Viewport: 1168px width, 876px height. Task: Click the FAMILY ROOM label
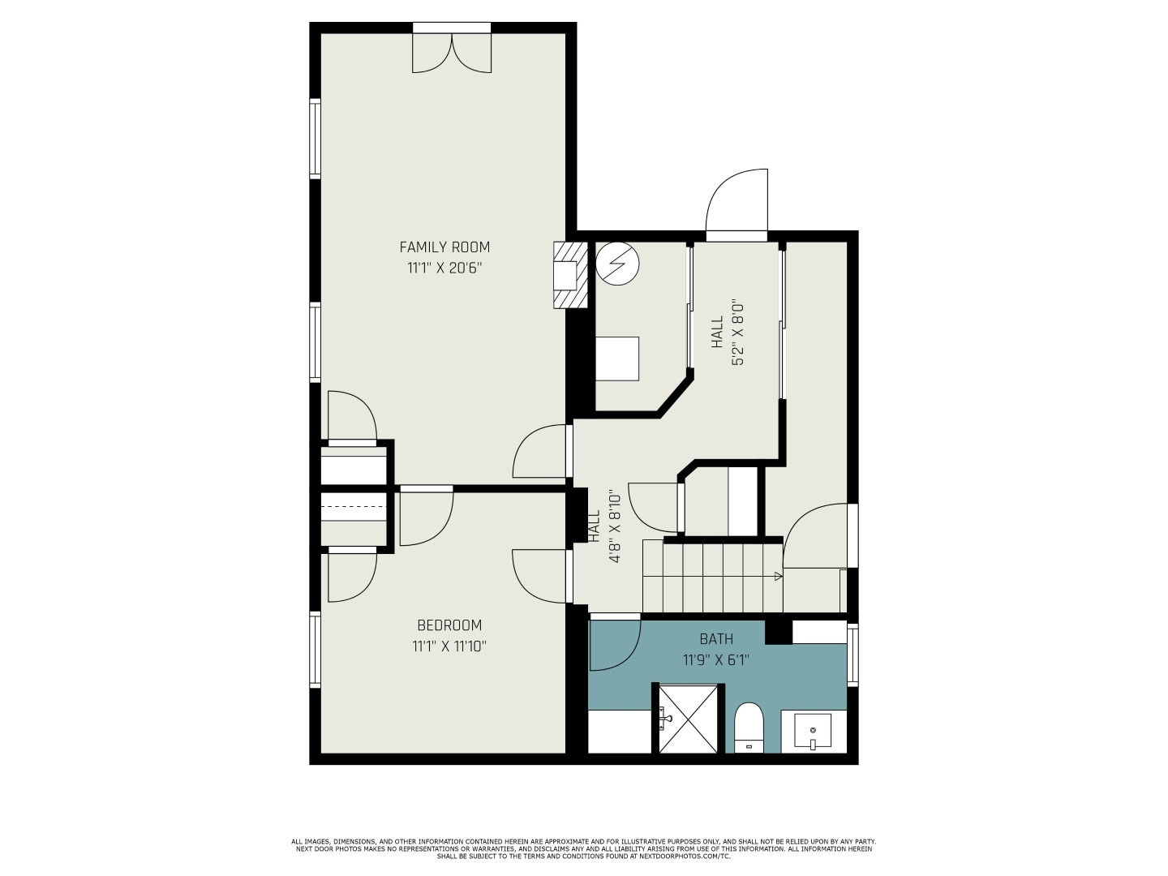coord(444,247)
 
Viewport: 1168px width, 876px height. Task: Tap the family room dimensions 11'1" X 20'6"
coord(444,268)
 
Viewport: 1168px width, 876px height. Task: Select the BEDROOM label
coord(449,625)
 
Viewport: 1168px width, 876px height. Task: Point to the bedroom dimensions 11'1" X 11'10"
coord(449,646)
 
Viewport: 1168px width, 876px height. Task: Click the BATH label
coord(716,639)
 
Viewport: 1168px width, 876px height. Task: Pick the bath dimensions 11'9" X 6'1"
coord(716,660)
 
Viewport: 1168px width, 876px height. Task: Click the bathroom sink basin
coord(813,732)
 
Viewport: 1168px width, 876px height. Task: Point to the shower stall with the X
coord(688,719)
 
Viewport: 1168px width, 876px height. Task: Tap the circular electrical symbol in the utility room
coord(617,264)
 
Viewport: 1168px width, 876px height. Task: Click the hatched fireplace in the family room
coord(570,275)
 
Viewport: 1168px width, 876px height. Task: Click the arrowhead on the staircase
coord(779,576)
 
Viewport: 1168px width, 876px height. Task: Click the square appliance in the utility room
coord(617,359)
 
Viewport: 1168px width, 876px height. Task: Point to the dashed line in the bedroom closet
coord(354,506)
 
